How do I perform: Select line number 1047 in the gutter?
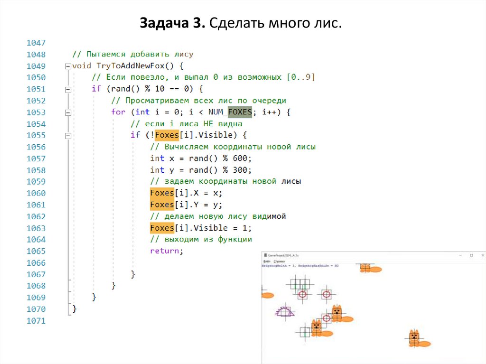(37, 43)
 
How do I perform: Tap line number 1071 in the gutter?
(37, 321)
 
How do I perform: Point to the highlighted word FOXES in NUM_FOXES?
(240, 112)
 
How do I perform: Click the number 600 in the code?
(241, 158)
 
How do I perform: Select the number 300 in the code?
(241, 170)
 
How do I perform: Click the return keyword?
(165, 251)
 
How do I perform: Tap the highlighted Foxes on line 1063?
(162, 228)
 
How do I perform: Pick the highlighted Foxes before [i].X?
(162, 193)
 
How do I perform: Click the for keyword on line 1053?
(118, 112)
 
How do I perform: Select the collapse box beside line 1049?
(68, 66)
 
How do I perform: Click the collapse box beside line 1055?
(68, 135)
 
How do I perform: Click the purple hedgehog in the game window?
(284, 312)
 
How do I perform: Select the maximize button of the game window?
(471, 255)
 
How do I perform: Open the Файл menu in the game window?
(267, 261)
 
